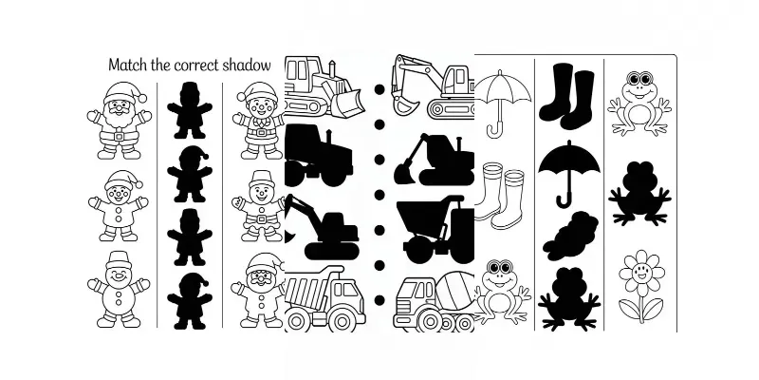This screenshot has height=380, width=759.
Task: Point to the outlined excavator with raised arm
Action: tap(433, 85)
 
